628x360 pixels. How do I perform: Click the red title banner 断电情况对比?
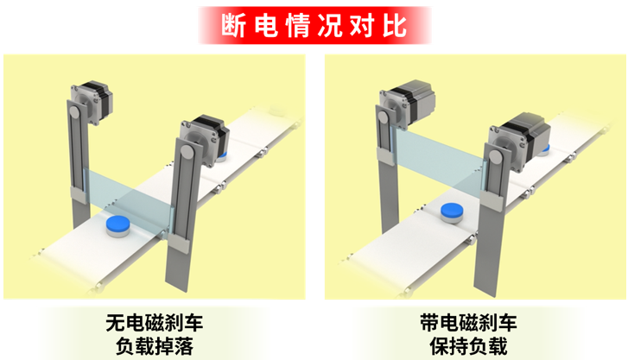pos(314,25)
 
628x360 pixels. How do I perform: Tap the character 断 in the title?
pos(233,26)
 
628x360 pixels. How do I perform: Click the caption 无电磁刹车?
pos(155,323)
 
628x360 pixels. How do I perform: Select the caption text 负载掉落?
pos(155,346)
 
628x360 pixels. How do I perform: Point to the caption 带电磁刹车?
pos(468,323)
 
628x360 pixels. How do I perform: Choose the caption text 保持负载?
pos(468,346)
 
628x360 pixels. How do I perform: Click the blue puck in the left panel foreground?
pos(118,226)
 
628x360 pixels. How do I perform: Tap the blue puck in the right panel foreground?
pos(453,213)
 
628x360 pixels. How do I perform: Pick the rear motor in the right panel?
pos(407,104)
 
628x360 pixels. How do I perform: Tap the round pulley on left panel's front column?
pos(187,151)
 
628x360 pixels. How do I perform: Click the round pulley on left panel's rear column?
pos(75,111)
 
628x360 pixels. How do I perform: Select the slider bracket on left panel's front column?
pos(179,243)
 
